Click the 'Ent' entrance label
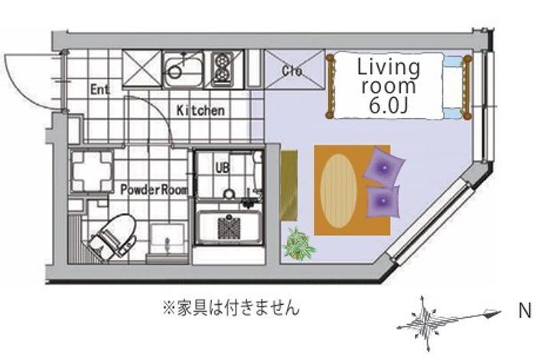click(x=99, y=89)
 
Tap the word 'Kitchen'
click(x=201, y=110)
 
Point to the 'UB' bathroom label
click(x=222, y=168)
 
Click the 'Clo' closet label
click(x=292, y=72)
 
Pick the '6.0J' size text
click(x=388, y=106)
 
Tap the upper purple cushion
click(x=385, y=167)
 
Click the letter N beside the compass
click(x=525, y=311)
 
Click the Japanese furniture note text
click(x=230, y=309)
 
